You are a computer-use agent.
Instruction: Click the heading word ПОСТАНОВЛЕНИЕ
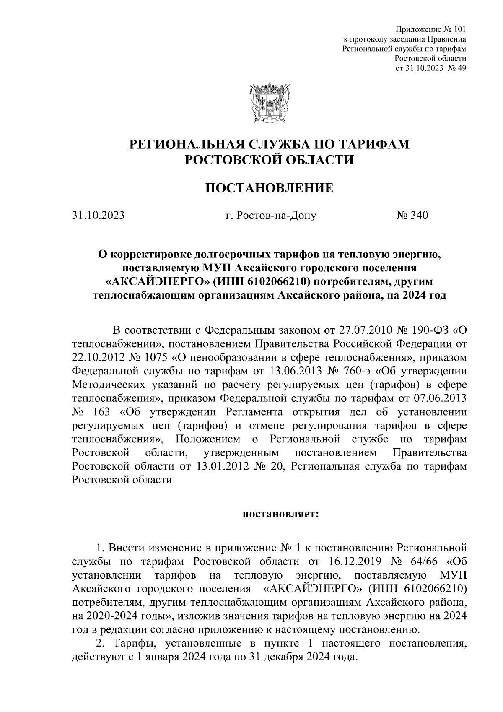269,188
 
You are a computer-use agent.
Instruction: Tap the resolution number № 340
412,216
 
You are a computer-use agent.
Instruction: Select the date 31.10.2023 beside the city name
98,216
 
